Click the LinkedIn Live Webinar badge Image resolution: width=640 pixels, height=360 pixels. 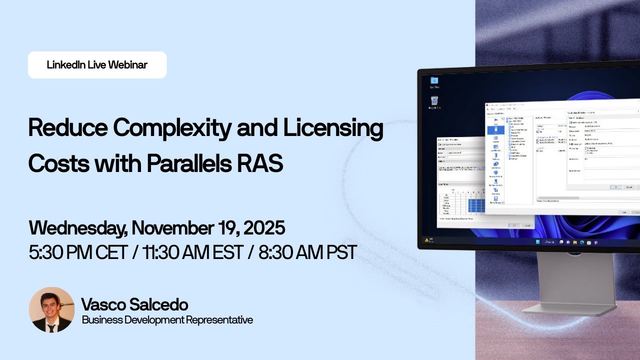click(97, 65)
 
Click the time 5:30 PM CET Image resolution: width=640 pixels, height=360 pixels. click(78, 252)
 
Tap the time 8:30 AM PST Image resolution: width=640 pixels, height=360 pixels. click(308, 252)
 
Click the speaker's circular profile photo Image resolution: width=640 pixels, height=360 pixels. click(51, 310)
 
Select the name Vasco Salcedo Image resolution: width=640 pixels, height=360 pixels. click(134, 304)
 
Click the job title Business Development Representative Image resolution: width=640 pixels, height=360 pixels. click(167, 320)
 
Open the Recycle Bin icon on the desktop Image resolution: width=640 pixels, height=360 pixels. click(434, 102)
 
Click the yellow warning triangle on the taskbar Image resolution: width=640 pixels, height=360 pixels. click(426, 240)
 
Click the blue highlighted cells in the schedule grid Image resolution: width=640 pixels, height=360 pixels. click(476, 204)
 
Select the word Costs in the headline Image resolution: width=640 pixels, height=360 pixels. click(58, 163)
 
